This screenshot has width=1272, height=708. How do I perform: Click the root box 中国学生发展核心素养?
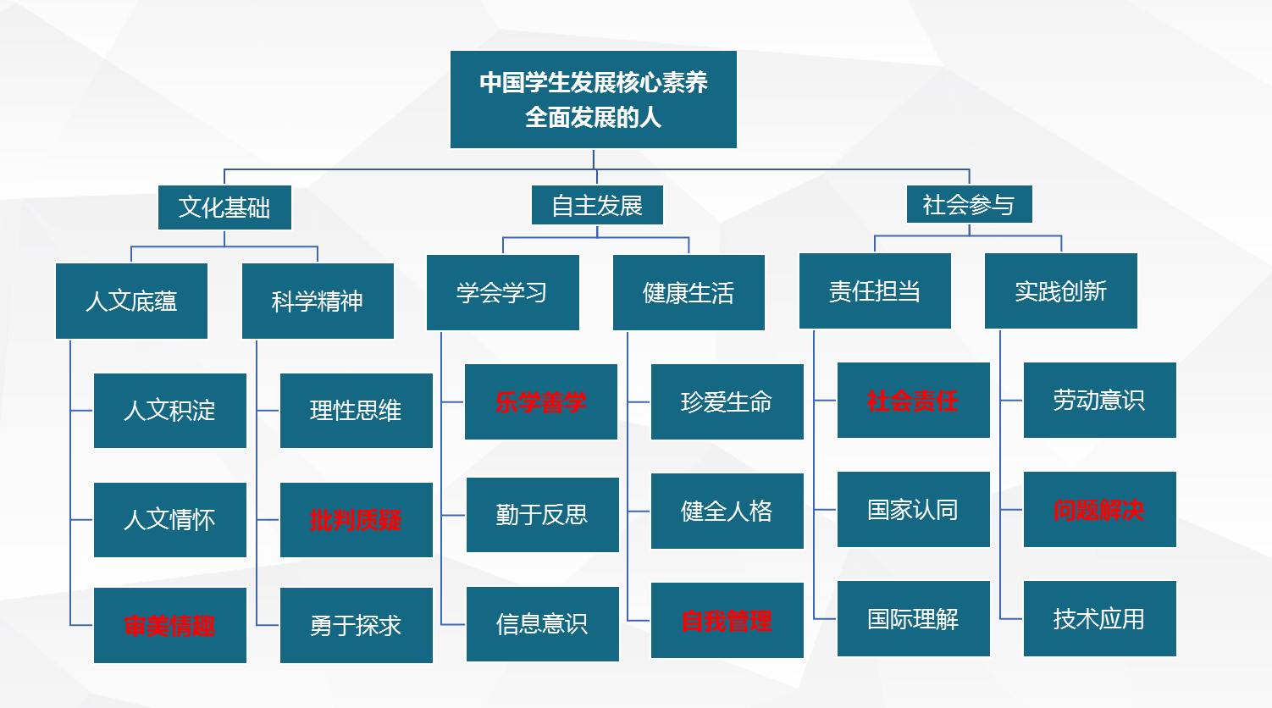point(594,99)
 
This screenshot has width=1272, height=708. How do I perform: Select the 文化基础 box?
point(224,207)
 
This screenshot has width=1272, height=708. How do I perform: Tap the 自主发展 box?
point(597,205)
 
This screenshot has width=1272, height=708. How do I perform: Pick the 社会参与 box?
point(969,204)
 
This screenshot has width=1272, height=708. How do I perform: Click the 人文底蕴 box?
point(131,301)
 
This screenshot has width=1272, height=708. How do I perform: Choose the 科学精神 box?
point(318,301)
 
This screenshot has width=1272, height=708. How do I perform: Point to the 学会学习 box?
point(502,292)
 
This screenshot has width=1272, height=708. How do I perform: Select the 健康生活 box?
point(689,292)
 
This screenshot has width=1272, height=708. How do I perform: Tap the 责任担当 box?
point(875,290)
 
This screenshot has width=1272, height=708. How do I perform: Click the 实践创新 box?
point(1061,290)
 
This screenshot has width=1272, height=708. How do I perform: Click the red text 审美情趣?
point(169,626)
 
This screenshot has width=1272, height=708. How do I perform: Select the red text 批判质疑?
point(356,520)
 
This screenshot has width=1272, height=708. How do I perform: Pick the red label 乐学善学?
point(540,402)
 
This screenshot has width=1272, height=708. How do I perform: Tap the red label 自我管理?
point(727,621)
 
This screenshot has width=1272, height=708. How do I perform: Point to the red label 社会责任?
point(913,401)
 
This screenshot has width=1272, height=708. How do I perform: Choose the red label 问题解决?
point(1098,510)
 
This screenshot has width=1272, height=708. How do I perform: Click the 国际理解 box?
point(913,618)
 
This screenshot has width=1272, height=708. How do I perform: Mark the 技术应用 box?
point(1099,618)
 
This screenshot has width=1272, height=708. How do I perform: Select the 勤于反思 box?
point(542,514)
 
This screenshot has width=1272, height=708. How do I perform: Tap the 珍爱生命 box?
point(727,401)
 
